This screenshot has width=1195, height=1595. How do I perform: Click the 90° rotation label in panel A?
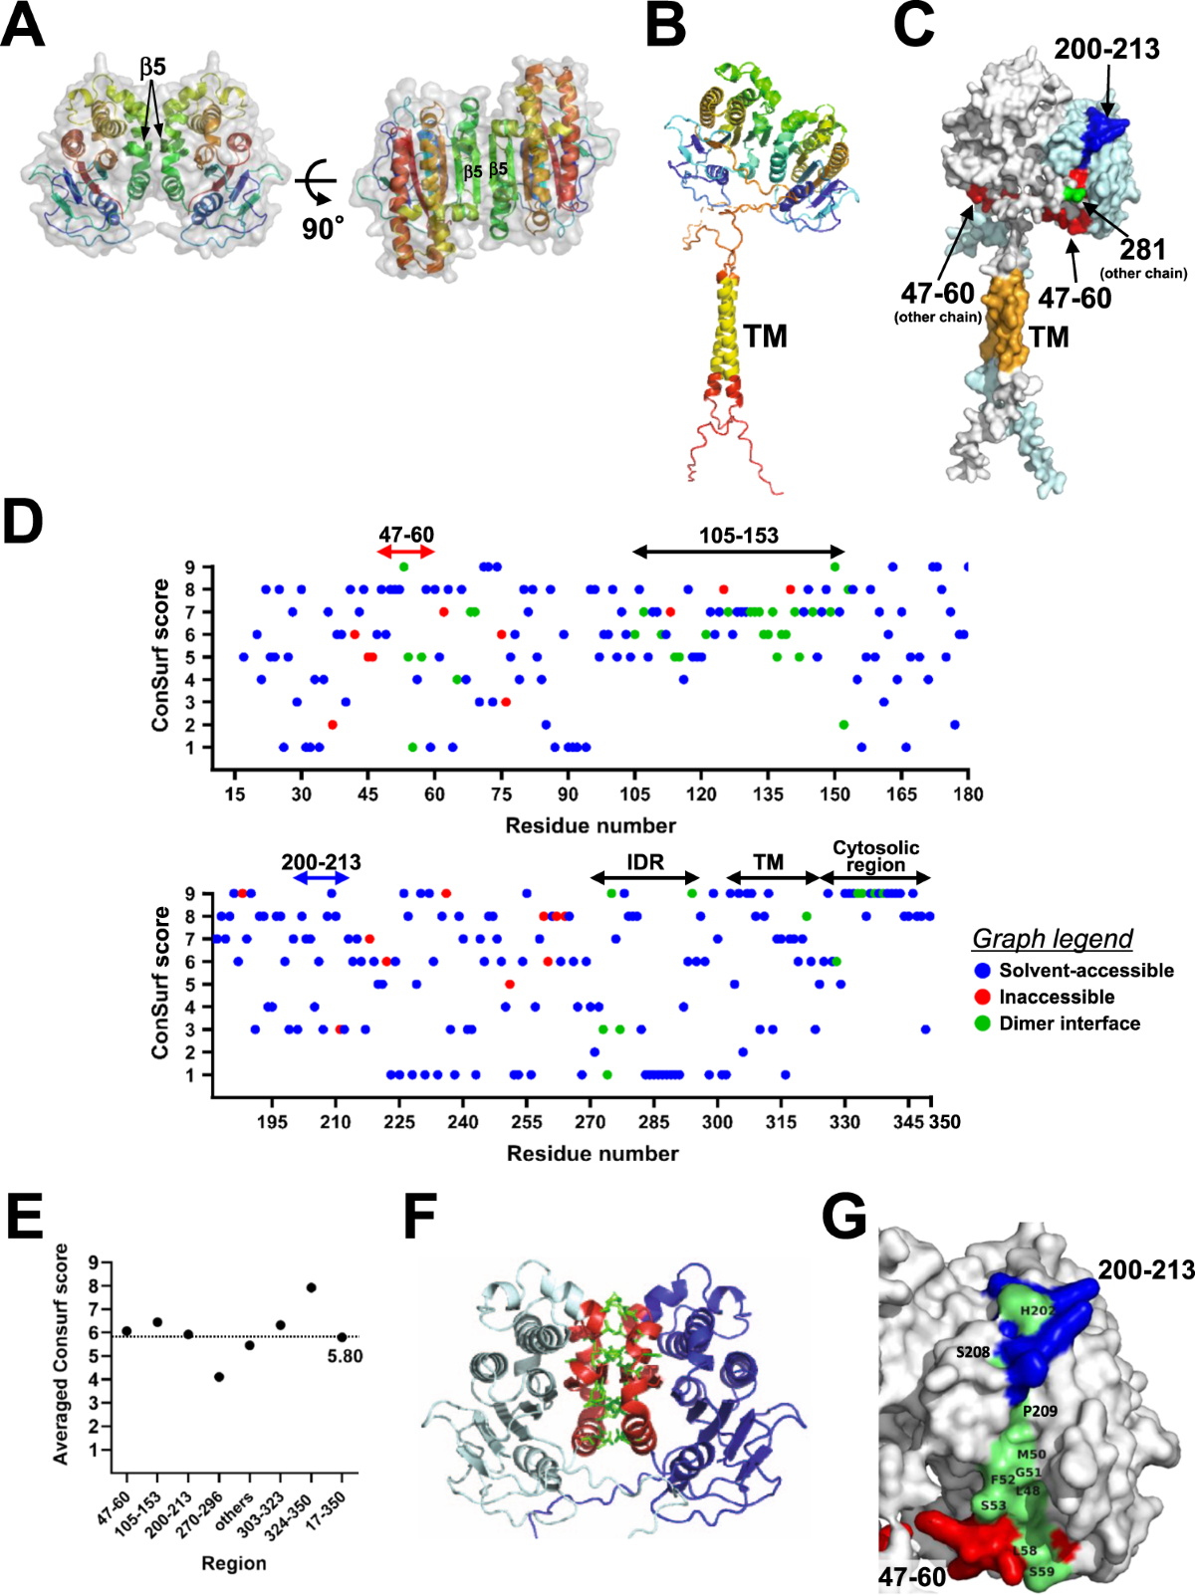click(x=323, y=228)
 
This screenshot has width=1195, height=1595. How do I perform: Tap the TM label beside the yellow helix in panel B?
click(x=765, y=337)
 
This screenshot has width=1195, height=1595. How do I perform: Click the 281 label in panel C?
click(x=1142, y=249)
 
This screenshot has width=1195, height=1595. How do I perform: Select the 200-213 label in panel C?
click(x=1106, y=49)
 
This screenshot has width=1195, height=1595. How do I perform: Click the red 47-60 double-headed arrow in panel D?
click(x=406, y=552)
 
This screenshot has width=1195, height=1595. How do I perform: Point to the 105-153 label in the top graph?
click(x=738, y=536)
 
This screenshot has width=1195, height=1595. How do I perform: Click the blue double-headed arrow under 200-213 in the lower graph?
click(x=321, y=878)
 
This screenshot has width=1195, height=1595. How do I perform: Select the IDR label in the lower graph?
click(x=645, y=862)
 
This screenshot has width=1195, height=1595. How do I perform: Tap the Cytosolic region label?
click(x=875, y=855)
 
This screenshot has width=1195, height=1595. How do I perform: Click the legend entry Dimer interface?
click(x=1069, y=1024)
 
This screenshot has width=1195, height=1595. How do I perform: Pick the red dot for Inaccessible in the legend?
click(x=983, y=997)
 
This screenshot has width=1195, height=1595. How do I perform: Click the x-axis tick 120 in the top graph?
click(x=701, y=794)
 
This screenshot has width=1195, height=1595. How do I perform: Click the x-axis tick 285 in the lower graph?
click(x=653, y=1122)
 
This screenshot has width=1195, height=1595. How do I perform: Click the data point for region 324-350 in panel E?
click(x=311, y=1287)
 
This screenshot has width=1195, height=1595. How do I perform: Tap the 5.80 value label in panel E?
click(x=345, y=1356)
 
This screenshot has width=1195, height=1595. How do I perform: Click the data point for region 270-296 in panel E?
click(x=219, y=1377)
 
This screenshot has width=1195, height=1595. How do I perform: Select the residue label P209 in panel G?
click(x=1040, y=1411)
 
